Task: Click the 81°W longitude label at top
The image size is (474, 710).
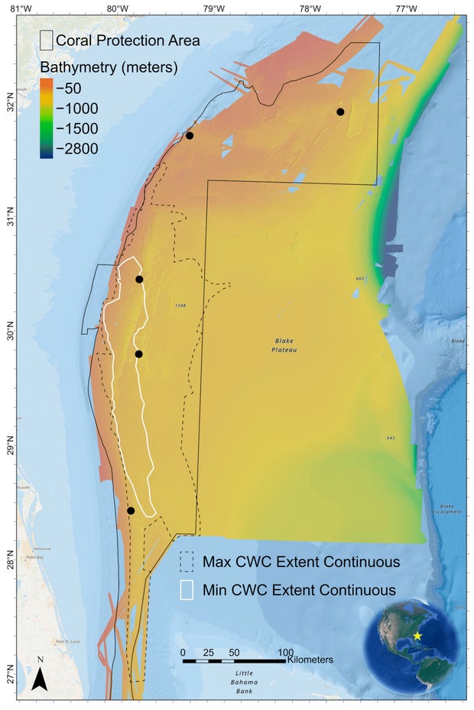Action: click(x=21, y=8)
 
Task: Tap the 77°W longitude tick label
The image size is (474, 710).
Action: click(x=405, y=8)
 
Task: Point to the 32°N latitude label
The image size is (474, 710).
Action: click(x=9, y=106)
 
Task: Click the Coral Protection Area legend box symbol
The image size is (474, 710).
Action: click(x=47, y=40)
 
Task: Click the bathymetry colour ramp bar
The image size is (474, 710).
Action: click(x=47, y=118)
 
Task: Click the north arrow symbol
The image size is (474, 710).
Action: click(x=40, y=677)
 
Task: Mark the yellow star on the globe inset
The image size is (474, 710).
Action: click(x=417, y=636)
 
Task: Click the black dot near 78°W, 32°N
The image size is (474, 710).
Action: click(x=340, y=112)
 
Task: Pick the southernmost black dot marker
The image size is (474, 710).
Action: click(x=131, y=511)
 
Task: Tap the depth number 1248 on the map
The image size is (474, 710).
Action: click(x=180, y=306)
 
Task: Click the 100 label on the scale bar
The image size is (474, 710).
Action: click(x=284, y=652)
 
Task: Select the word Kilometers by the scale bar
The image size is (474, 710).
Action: click(x=310, y=659)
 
